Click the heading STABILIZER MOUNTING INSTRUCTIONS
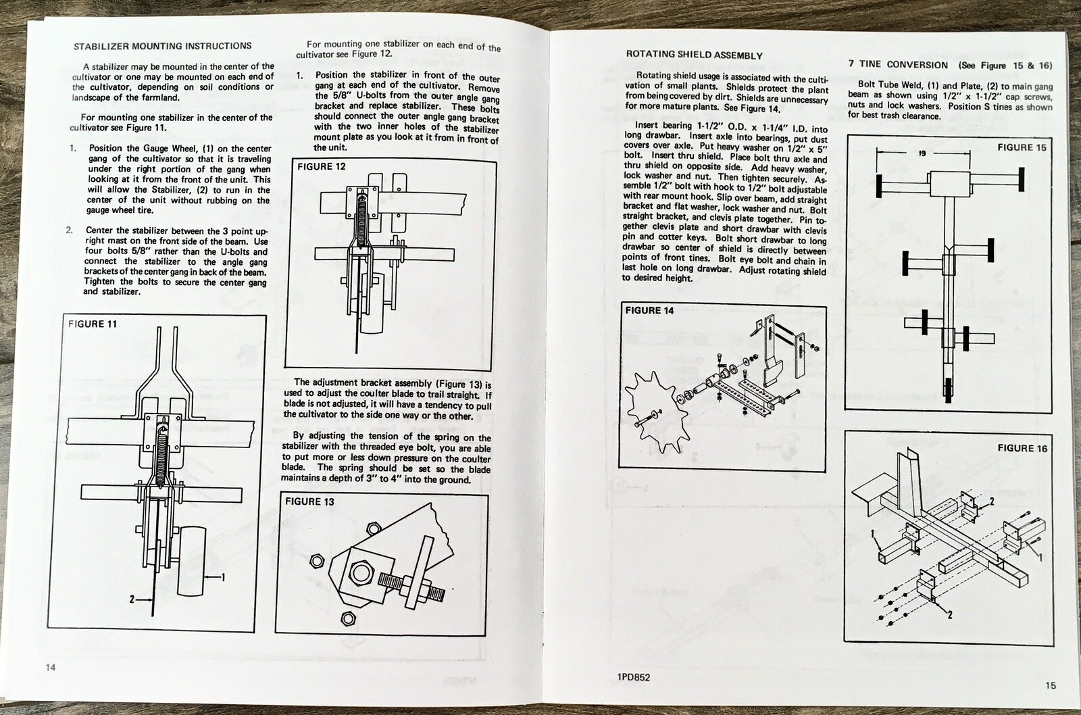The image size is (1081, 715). click(x=162, y=46)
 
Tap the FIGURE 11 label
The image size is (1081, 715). click(x=93, y=324)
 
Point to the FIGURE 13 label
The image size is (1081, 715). click(x=309, y=501)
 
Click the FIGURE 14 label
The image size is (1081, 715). click(x=649, y=310)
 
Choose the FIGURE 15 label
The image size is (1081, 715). click(x=1022, y=147)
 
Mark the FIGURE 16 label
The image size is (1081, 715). click(x=1022, y=448)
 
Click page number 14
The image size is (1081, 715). click(x=51, y=667)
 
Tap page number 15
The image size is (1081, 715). click(x=1050, y=685)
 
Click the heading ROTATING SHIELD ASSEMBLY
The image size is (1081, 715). click(x=695, y=55)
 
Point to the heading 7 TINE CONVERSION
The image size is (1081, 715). click(x=898, y=64)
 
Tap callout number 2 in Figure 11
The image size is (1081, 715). click(x=132, y=599)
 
